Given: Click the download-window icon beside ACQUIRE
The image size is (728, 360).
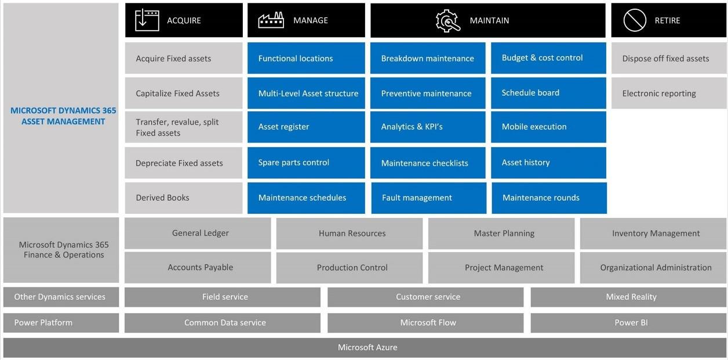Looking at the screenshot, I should tap(147, 20).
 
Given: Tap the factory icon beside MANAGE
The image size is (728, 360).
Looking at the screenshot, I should tap(271, 20).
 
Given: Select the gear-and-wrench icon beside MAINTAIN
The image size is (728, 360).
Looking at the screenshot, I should tap(447, 20).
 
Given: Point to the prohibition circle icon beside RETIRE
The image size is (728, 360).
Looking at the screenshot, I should tap(634, 20).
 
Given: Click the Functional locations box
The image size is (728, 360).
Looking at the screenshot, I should tap(306, 58).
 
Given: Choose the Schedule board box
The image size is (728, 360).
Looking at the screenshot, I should tap(548, 93).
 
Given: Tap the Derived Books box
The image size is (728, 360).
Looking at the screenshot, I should tap(183, 198).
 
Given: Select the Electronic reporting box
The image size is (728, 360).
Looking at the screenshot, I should tap(668, 93).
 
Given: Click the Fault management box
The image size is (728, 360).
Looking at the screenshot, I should tap(428, 198).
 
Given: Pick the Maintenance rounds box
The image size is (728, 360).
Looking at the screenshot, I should tap(548, 198).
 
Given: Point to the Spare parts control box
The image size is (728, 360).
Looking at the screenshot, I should tap(306, 162).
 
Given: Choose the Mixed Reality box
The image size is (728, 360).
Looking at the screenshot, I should tap(631, 297).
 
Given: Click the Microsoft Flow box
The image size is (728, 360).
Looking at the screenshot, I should tap(428, 322).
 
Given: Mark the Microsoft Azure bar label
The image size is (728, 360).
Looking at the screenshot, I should tap(367, 347).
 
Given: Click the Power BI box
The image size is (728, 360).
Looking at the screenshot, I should tap(631, 322).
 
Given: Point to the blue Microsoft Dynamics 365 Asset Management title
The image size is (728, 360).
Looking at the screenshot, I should tap(63, 116).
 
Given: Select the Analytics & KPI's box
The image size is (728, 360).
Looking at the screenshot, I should tap(428, 127).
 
